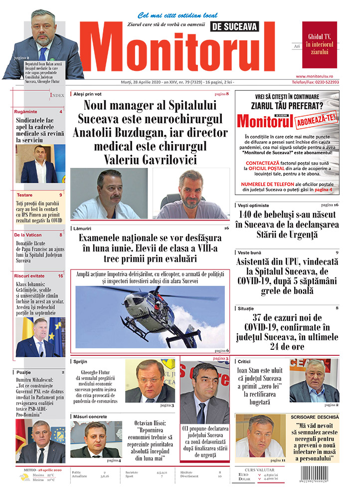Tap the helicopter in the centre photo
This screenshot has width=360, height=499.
point(150,309)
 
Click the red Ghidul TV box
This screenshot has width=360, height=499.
point(319,44)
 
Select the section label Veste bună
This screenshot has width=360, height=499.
point(249,253)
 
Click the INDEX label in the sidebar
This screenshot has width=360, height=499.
point(57,95)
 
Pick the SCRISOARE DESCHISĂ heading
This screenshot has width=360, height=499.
point(315,416)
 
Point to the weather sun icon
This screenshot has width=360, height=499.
point(23,477)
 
